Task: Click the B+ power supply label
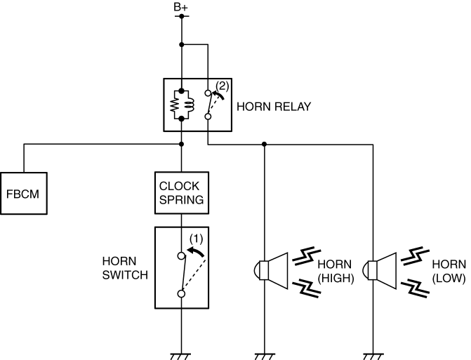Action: point(181,8)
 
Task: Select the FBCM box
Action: point(24,192)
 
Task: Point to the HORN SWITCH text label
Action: point(125,267)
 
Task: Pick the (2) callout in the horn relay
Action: point(222,86)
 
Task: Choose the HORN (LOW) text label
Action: point(449,270)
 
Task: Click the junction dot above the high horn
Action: point(265,145)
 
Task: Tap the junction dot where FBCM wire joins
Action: point(181,145)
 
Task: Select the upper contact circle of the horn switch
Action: point(181,256)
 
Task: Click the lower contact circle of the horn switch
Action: point(181,294)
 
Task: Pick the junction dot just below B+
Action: point(181,45)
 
